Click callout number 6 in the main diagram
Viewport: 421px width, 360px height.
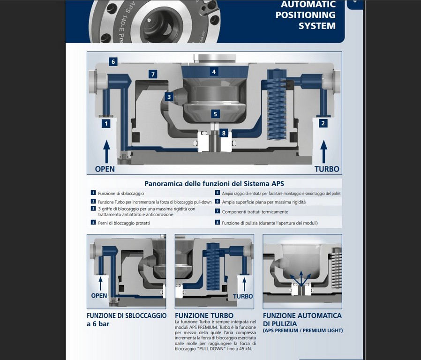click(113, 61)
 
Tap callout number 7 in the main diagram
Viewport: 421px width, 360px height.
click(153, 74)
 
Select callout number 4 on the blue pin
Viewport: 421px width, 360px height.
click(214, 72)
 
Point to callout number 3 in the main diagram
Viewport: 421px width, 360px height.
click(169, 97)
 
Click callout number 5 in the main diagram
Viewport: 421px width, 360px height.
click(215, 113)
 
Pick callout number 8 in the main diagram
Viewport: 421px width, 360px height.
click(224, 133)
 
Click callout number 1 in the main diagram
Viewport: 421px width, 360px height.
click(106, 124)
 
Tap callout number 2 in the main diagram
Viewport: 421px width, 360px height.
click(323, 123)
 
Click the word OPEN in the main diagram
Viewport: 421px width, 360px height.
click(105, 169)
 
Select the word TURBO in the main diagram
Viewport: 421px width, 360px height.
click(327, 169)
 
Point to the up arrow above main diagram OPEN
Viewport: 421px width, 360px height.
click(106, 150)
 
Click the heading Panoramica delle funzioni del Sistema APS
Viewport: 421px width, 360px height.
click(214, 183)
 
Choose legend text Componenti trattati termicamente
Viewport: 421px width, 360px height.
click(255, 212)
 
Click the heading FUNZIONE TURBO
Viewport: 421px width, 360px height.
click(204, 315)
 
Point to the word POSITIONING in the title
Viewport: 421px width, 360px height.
click(305, 15)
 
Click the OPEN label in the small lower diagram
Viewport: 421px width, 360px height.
click(99, 296)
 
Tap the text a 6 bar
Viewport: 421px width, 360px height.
click(98, 324)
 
